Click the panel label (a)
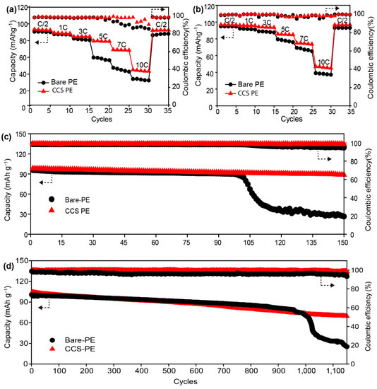(13, 7)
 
